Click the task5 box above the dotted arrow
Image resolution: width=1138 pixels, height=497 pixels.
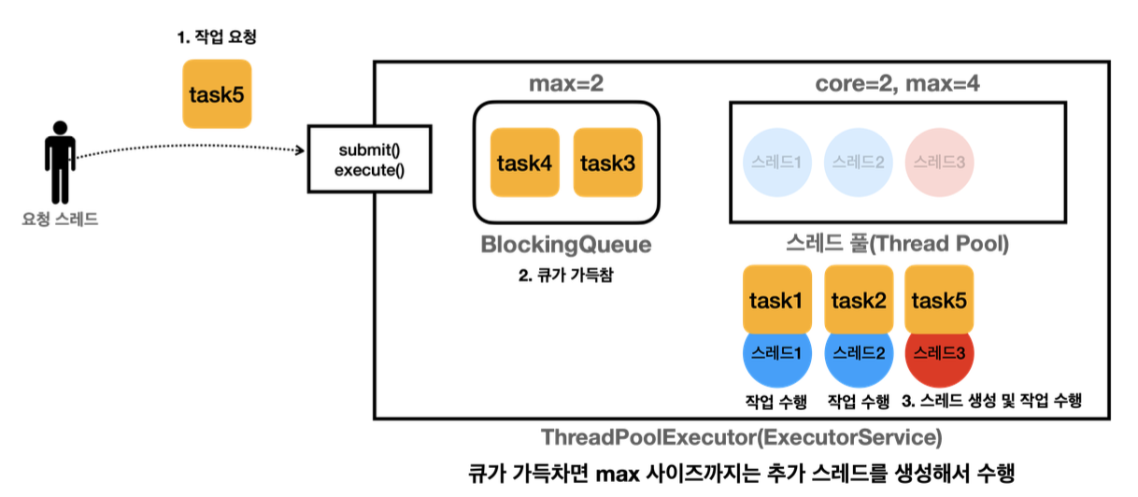click(x=217, y=93)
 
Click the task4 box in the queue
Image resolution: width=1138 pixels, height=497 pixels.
click(x=524, y=163)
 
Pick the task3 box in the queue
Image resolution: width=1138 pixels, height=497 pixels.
click(x=607, y=163)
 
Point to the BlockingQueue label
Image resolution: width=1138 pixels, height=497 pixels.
click(x=565, y=246)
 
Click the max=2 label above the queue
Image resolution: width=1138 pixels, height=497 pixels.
click(x=565, y=82)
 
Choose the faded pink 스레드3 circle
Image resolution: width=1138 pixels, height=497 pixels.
click(x=940, y=162)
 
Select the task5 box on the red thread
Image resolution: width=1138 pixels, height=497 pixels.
click(x=940, y=300)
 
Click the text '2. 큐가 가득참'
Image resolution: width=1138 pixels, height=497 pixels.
click(x=565, y=277)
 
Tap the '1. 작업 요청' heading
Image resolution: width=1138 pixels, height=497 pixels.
click(x=217, y=38)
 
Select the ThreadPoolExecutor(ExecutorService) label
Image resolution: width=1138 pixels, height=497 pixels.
click(x=741, y=437)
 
